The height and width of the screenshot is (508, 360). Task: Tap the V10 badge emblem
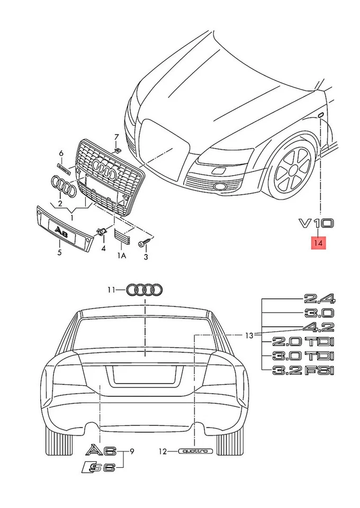click(317, 223)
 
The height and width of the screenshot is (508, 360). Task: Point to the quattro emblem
click(195, 451)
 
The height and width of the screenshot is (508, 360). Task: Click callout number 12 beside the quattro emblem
click(163, 451)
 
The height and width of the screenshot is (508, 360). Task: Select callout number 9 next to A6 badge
click(132, 451)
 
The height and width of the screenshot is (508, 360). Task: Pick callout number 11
click(111, 289)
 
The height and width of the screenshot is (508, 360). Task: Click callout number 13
click(249, 335)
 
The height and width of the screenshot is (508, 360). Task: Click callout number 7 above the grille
click(117, 138)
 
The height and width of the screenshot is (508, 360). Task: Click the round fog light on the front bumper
click(219, 187)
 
